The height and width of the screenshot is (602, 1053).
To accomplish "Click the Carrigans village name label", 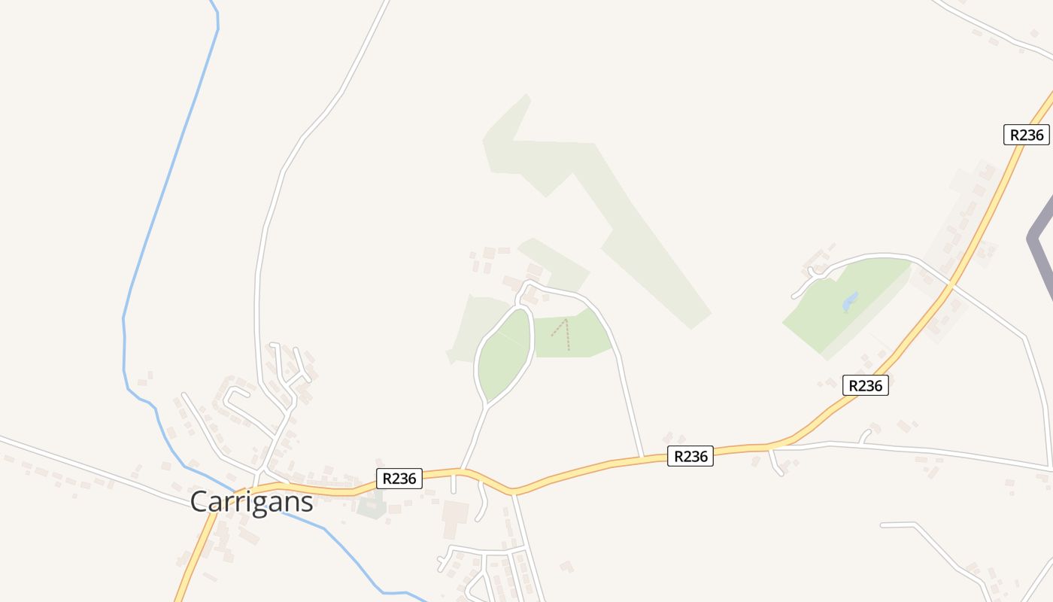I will [x=251, y=501].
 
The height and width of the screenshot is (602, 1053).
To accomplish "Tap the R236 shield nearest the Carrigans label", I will [x=399, y=478].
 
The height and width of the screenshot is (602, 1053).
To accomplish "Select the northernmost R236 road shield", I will [x=1026, y=135].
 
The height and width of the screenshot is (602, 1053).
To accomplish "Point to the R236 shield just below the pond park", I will [x=865, y=385].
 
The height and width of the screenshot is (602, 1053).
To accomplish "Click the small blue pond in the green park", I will [x=850, y=302].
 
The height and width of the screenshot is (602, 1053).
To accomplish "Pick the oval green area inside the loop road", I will [x=505, y=354].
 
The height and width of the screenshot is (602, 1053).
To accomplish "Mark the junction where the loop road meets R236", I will [x=461, y=471].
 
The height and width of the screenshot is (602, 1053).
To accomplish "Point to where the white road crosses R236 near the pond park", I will [x=951, y=284].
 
